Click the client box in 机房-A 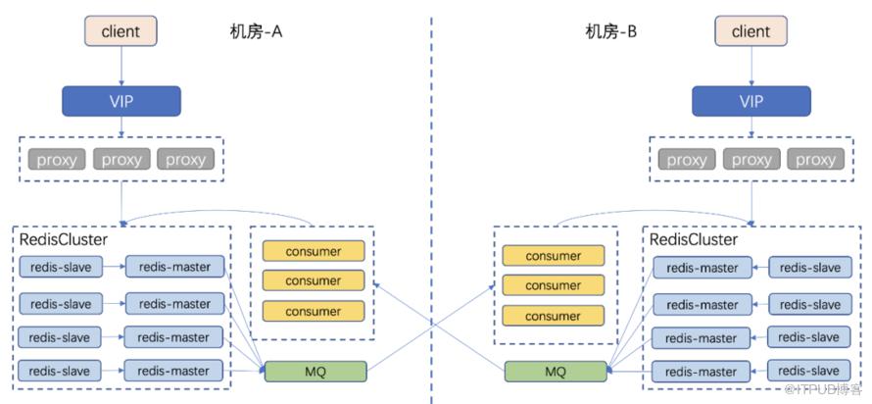[121, 31]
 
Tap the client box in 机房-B [751, 31]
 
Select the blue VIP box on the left [121, 101]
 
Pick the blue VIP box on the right [751, 101]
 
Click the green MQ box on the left [315, 371]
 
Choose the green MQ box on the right [555, 371]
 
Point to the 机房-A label [249, 32]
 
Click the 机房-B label [611, 32]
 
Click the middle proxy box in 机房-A [121, 159]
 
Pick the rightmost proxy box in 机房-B [815, 160]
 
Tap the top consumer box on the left [314, 251]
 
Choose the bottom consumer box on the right [553, 316]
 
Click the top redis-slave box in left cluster [60, 267]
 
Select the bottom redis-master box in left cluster [173, 371]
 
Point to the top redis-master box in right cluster [702, 268]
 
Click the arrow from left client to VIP [121, 66]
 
